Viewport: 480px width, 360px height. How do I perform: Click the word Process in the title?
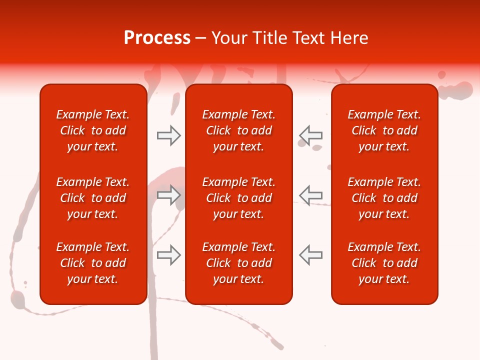(x=157, y=38)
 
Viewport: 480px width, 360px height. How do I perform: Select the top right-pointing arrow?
(x=169, y=135)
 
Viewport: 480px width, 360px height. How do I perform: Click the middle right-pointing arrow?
(x=169, y=195)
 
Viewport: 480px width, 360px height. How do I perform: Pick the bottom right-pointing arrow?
(x=169, y=255)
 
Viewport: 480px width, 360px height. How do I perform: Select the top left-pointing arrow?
(x=310, y=135)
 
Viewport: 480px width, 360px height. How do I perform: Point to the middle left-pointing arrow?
(x=310, y=195)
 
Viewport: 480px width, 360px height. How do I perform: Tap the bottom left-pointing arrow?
(x=310, y=255)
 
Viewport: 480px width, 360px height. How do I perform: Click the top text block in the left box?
(x=93, y=130)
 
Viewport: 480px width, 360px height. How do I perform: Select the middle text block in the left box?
(x=93, y=198)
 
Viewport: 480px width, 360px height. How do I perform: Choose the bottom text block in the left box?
(x=93, y=263)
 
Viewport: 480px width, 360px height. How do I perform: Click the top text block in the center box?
(x=238, y=130)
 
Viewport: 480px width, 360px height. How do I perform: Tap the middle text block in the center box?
(x=238, y=198)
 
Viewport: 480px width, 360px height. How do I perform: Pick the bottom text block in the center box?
(x=238, y=263)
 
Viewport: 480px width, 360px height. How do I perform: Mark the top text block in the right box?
(x=384, y=130)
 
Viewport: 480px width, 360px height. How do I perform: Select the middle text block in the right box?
(x=384, y=198)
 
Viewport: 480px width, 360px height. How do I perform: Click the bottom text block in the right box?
(x=384, y=263)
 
